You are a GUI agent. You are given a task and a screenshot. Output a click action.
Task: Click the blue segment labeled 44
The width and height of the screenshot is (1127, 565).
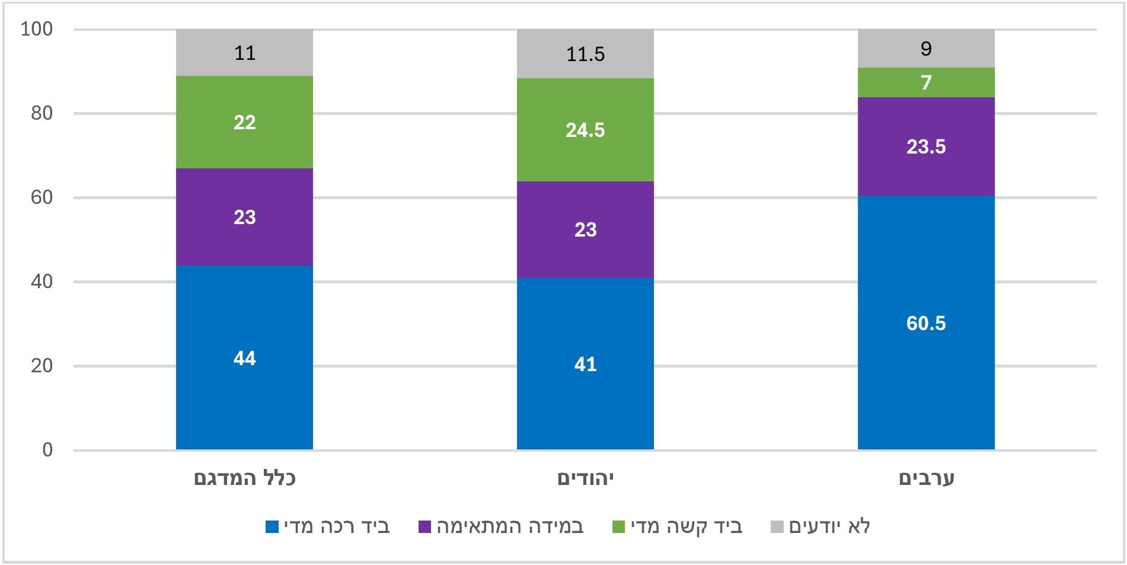click(x=244, y=357)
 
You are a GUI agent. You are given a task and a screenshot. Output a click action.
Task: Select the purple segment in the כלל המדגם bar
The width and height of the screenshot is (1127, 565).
click(x=244, y=217)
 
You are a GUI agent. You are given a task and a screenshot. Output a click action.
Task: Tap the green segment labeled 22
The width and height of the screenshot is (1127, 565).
click(x=244, y=122)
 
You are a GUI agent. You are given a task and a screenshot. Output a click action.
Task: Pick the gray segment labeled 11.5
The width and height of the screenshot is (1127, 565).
click(x=585, y=54)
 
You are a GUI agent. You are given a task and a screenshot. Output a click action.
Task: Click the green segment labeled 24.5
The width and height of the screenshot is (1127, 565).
click(x=585, y=130)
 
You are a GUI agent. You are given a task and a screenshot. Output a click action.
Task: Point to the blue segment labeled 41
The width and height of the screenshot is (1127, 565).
click(x=585, y=363)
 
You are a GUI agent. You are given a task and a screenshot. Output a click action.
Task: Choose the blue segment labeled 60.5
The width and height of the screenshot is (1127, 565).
click(x=926, y=323)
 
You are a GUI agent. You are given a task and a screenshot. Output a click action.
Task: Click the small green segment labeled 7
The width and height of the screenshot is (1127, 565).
click(x=926, y=82)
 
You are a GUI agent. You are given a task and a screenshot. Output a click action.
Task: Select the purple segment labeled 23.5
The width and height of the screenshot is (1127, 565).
click(x=926, y=146)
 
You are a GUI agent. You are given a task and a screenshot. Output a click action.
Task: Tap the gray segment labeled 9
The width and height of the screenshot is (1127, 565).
click(x=926, y=49)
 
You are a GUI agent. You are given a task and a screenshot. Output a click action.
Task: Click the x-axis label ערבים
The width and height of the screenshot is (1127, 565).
click(x=926, y=478)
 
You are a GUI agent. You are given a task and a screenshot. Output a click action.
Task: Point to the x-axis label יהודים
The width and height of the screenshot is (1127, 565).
click(x=585, y=478)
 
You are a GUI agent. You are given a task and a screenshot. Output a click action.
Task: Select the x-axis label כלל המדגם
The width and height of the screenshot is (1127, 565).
click(x=244, y=478)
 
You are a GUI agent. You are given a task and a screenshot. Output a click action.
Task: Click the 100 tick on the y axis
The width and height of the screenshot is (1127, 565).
click(x=37, y=29)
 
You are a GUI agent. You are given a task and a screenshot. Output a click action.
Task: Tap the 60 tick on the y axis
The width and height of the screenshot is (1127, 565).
click(x=41, y=197)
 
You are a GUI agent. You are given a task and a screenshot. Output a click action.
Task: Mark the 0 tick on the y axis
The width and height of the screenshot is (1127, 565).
click(x=47, y=450)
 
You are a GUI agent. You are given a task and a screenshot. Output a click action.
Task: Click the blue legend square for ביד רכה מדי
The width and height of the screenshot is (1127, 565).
click(x=272, y=526)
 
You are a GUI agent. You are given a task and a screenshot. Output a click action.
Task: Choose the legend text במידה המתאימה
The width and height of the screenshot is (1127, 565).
click(x=510, y=526)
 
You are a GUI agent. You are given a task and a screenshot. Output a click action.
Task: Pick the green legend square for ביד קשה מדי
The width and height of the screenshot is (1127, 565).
click(x=618, y=526)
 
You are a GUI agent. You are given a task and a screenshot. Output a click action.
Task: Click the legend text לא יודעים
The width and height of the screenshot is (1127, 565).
click(x=829, y=526)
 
